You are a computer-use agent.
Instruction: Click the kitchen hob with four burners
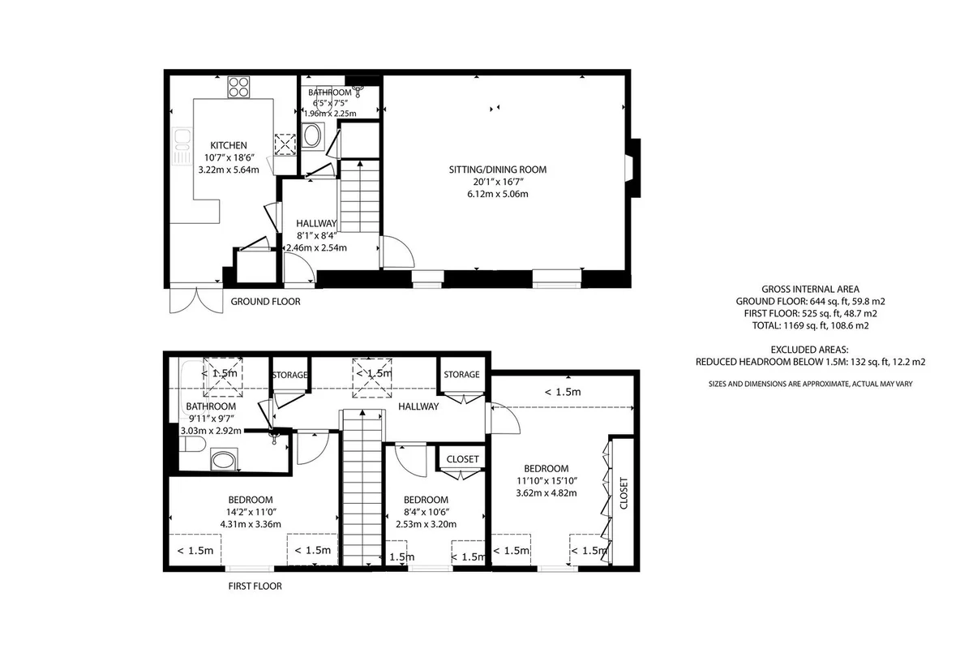tap(239, 87)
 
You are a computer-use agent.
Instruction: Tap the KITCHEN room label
tap(229, 145)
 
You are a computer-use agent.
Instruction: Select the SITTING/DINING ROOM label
tap(498, 170)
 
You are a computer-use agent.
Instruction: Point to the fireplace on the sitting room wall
tap(633, 168)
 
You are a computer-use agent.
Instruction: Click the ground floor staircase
tap(360, 196)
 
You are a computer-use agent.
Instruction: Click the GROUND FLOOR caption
tap(265, 301)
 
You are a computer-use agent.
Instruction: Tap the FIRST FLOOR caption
tap(255, 586)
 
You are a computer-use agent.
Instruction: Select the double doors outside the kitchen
tap(196, 299)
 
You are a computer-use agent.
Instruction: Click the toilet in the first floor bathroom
tap(193, 445)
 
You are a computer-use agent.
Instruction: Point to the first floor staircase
tap(362, 488)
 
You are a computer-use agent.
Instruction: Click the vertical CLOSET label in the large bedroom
tap(624, 493)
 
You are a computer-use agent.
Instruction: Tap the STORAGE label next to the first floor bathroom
tap(289, 375)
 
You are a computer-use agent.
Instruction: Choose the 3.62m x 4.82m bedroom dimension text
tap(547, 493)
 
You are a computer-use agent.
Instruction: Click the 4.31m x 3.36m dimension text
tap(251, 524)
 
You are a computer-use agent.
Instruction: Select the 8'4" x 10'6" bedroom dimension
tap(426, 512)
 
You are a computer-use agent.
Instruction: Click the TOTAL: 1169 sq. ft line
tap(811, 325)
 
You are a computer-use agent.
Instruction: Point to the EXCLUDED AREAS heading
tap(810, 350)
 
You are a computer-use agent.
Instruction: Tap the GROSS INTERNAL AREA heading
tap(811, 289)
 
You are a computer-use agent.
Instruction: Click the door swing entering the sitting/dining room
tap(397, 251)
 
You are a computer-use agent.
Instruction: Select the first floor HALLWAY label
tap(418, 406)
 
